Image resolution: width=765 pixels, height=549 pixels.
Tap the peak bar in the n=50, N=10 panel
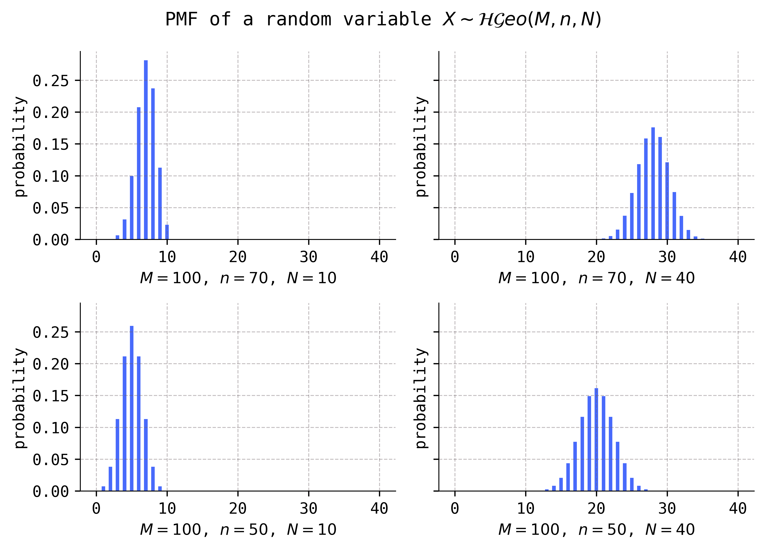tap(132, 408)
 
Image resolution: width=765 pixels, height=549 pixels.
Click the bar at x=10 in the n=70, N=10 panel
tap(167, 232)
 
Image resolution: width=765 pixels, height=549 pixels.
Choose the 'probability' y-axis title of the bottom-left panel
tap(20, 398)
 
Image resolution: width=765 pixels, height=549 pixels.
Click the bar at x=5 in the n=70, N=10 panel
tap(132, 208)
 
